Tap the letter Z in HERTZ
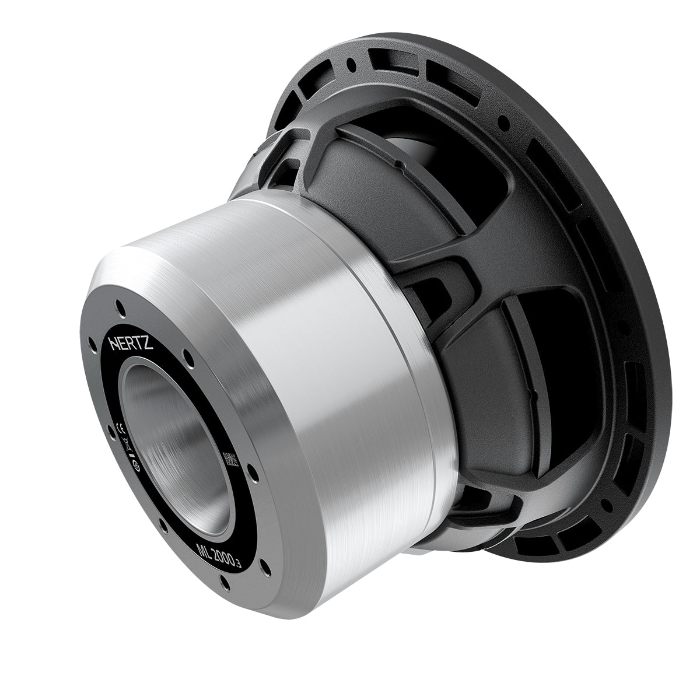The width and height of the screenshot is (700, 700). tap(149, 346)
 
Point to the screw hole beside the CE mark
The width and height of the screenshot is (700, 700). tap(109, 431)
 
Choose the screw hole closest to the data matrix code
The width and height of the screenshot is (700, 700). tap(253, 473)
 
